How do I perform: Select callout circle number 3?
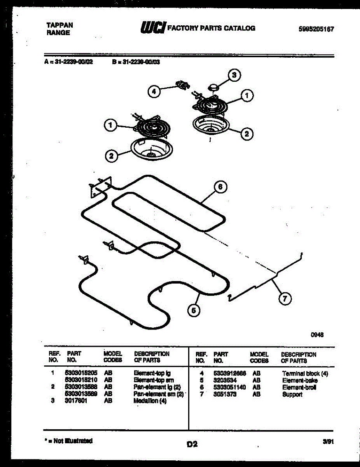coord(234,75)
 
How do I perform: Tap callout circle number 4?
coord(154,92)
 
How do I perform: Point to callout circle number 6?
coord(220,187)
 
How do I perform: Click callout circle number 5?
coord(193,310)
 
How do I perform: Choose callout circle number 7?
coord(285,298)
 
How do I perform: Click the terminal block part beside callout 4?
coord(182,84)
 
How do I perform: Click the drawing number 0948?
coord(317,334)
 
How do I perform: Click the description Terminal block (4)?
coord(305,374)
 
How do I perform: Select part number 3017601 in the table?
coord(76,400)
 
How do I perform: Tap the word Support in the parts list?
coord(292,394)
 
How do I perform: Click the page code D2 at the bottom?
coord(192,444)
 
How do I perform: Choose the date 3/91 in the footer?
coord(328,442)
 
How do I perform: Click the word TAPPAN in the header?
coord(59,25)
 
